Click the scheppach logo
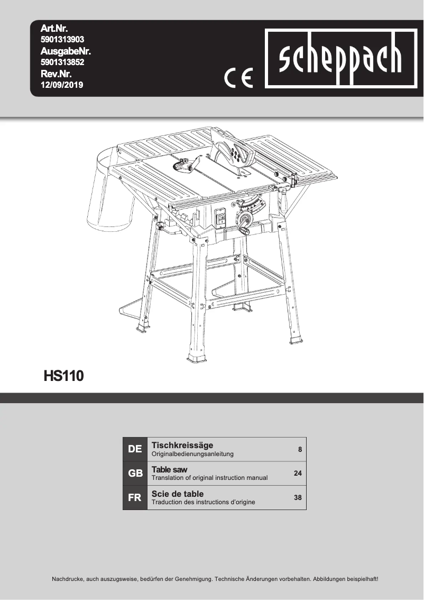click(340, 59)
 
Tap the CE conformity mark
click(238, 78)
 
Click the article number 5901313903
click(62, 39)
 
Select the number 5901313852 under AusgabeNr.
click(62, 62)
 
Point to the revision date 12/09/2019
click(62, 85)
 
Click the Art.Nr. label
click(54, 28)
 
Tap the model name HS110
click(63, 376)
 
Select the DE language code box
click(135, 449)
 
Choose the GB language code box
click(135, 474)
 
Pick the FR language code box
click(135, 498)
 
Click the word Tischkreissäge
click(182, 446)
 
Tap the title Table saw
click(169, 469)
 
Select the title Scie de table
click(178, 494)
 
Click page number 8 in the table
click(300, 450)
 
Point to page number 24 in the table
click(298, 474)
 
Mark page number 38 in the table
click(298, 498)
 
